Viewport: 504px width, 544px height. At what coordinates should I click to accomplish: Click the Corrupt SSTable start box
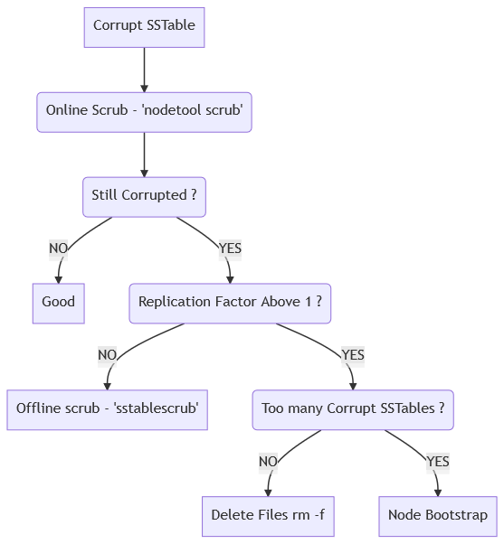(x=144, y=26)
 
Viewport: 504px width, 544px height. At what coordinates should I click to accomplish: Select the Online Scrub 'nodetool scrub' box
(x=144, y=112)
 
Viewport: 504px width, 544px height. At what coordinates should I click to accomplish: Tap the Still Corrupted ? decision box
(x=144, y=196)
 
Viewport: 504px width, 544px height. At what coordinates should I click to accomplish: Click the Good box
(x=58, y=303)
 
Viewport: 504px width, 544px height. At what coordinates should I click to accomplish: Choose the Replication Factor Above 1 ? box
(x=230, y=303)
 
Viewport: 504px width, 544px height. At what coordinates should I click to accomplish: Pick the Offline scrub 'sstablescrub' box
(x=108, y=409)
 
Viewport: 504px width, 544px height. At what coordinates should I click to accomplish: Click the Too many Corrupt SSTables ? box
(x=352, y=409)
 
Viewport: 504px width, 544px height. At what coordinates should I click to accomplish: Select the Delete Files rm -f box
(x=267, y=516)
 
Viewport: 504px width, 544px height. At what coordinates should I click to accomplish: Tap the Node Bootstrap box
(x=438, y=516)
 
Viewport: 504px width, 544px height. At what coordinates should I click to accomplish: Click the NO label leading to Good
(x=58, y=249)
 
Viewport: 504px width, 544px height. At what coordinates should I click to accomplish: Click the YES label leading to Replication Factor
(x=230, y=249)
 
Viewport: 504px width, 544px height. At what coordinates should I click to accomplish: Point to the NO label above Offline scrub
(x=107, y=355)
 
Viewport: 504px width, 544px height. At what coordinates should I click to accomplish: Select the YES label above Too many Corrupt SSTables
(x=353, y=355)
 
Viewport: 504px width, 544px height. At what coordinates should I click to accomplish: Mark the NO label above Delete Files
(x=267, y=462)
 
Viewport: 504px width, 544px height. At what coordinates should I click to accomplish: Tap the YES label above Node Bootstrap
(x=438, y=462)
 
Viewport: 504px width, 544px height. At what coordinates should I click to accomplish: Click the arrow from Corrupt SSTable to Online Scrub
(x=144, y=69)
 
